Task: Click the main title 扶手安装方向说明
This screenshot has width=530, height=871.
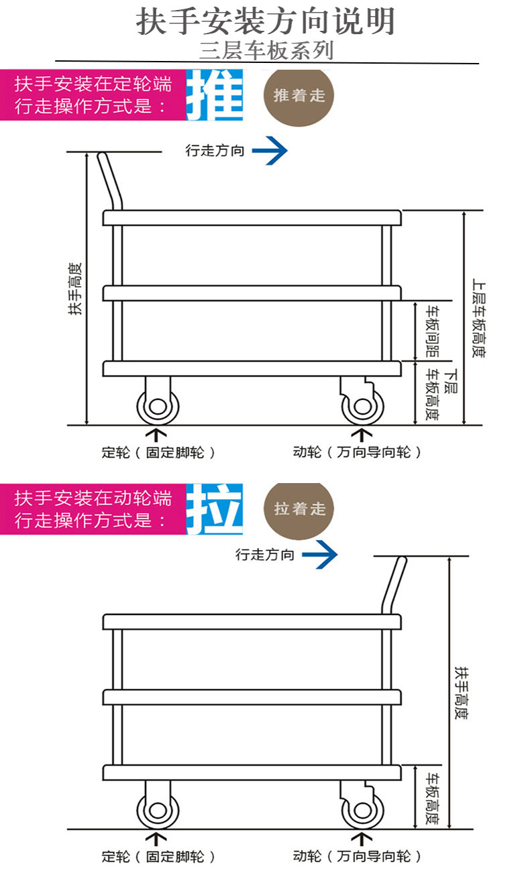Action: coord(266,22)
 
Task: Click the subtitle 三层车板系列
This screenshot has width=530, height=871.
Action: coord(266,51)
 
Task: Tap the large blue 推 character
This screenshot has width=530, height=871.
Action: coord(214,96)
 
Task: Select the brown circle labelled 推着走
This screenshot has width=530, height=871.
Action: coord(299,95)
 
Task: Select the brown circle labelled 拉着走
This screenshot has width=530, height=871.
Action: coord(299,509)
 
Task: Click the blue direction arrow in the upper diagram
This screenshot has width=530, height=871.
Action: coord(270,151)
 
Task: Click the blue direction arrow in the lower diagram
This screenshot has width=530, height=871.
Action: coord(319,555)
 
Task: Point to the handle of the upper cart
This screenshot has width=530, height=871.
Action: coord(110,181)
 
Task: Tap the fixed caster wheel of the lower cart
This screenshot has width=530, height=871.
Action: coord(158,810)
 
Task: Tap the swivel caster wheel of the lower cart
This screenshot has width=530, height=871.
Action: coord(362,810)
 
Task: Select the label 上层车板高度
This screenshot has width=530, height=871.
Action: coord(478,318)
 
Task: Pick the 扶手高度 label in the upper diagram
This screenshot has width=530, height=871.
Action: coord(75,288)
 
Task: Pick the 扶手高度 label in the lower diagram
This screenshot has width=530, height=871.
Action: coord(461,693)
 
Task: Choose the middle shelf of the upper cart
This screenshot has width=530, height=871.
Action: coord(252,293)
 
